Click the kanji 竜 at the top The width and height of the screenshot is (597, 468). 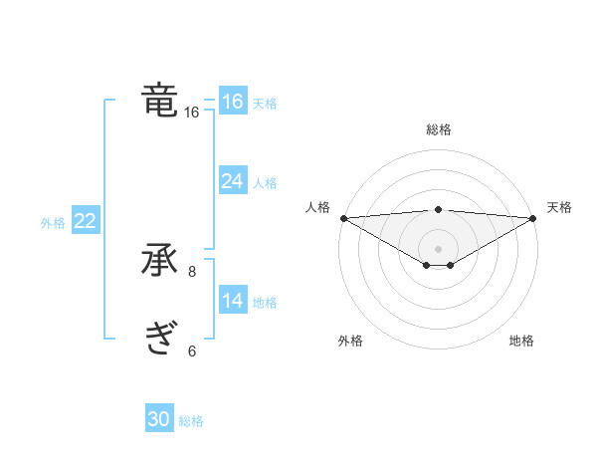click(x=160, y=101)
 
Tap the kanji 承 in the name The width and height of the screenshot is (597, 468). click(x=160, y=262)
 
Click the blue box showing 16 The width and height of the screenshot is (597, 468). click(x=232, y=102)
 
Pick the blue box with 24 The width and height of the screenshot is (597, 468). click(x=232, y=181)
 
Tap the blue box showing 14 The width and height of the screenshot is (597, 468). click(x=232, y=301)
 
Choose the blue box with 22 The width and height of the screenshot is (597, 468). click(x=85, y=221)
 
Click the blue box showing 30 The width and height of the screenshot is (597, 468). click(x=158, y=420)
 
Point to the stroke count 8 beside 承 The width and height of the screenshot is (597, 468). click(x=192, y=271)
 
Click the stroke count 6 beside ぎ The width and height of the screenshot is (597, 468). click(x=192, y=351)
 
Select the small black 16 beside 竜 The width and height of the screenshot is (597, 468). click(x=192, y=113)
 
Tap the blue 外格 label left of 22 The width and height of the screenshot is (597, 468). click(x=53, y=223)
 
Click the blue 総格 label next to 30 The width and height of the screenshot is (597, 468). click(x=191, y=421)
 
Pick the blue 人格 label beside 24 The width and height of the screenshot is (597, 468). click(x=265, y=183)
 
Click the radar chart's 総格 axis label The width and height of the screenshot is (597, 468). click(x=438, y=129)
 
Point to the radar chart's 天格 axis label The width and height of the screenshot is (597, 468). click(x=560, y=207)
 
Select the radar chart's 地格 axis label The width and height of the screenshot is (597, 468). click(x=521, y=342)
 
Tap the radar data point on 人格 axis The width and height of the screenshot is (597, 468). click(x=343, y=218)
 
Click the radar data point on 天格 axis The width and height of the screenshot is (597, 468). click(x=532, y=218)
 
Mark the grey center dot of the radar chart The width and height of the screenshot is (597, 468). click(x=438, y=249)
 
